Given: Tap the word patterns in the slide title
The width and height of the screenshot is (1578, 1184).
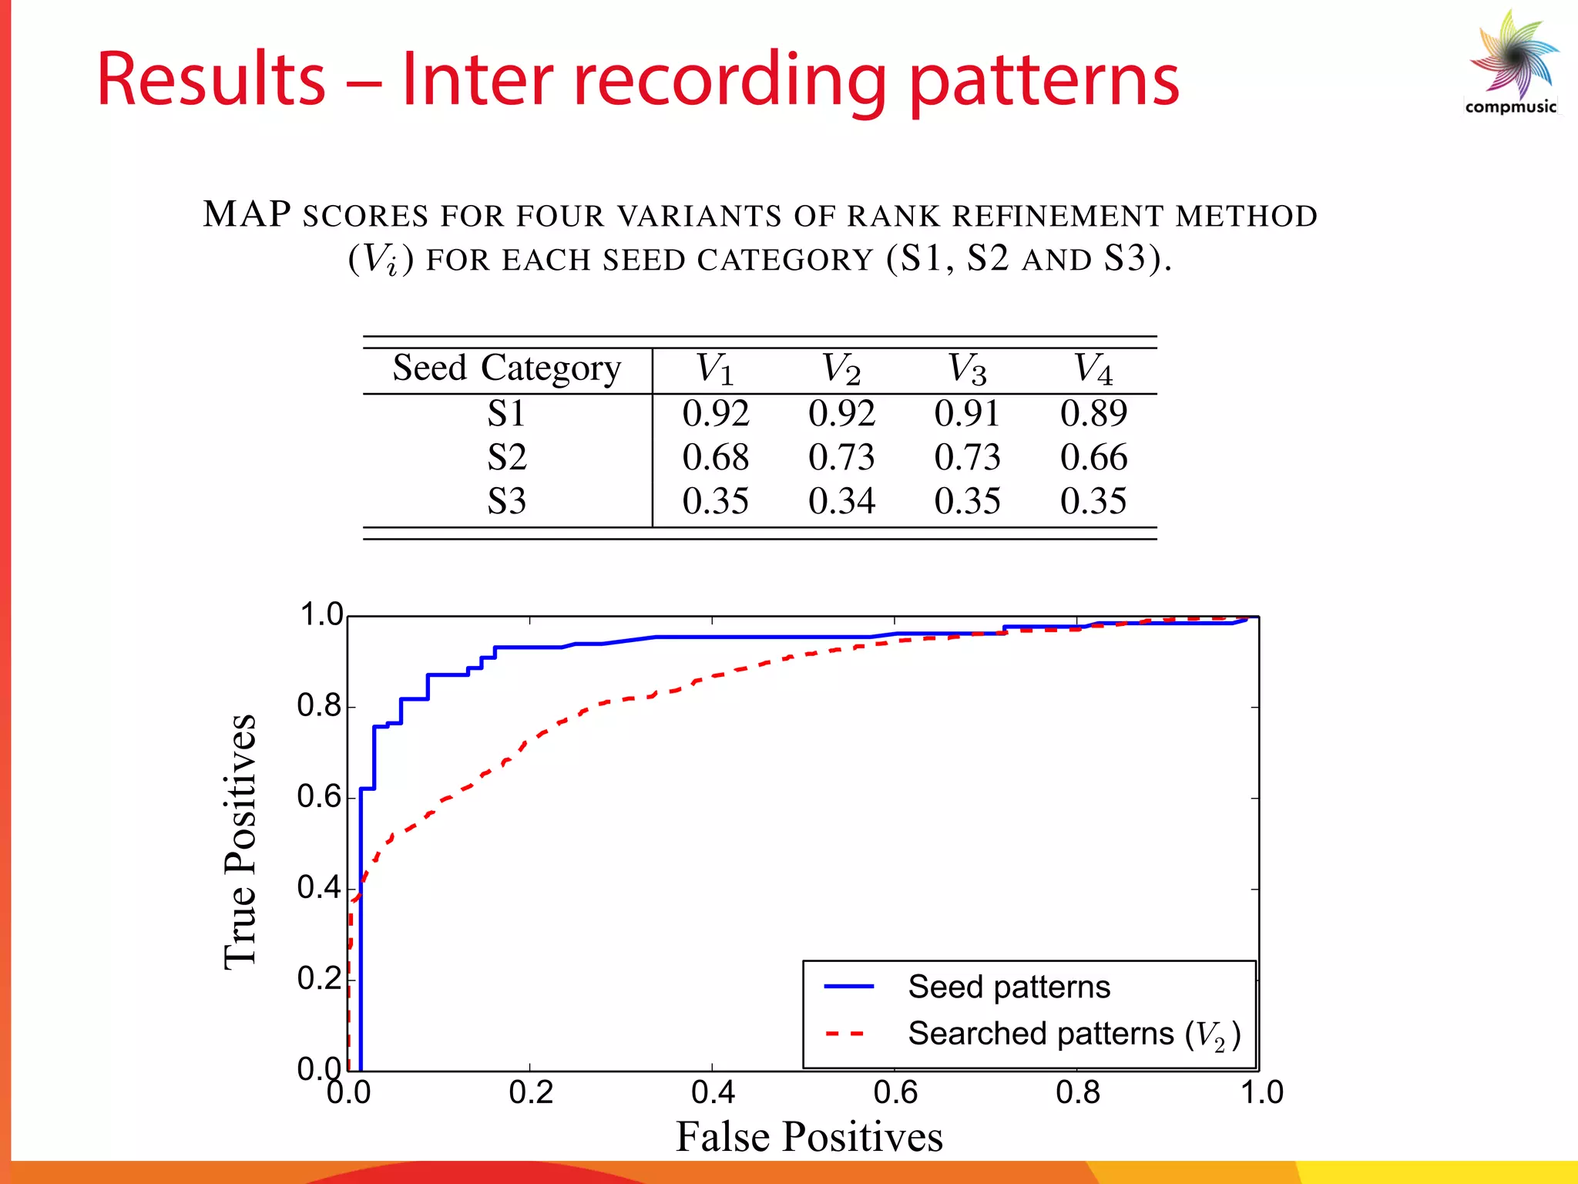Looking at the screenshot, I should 1044,81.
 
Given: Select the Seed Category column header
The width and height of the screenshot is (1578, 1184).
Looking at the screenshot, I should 506,368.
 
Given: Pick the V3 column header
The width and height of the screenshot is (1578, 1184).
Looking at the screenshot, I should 967,369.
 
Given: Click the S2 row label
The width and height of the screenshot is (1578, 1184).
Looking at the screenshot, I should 506,458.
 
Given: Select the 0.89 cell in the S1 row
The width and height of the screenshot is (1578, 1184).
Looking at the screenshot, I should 1093,414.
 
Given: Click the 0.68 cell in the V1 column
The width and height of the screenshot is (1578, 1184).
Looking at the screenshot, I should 715,458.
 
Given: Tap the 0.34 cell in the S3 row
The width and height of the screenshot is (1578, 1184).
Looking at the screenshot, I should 841,502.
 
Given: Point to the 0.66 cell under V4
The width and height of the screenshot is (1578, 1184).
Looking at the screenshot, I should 1093,458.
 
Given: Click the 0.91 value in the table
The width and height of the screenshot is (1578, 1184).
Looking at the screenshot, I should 967,414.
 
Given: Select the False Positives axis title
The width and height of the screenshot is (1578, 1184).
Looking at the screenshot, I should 809,1137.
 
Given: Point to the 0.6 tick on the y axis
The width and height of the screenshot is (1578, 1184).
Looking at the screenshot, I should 320,797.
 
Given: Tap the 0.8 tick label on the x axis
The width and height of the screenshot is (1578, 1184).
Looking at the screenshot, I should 1077,1093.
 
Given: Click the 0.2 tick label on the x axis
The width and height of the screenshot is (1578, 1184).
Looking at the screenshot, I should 531,1093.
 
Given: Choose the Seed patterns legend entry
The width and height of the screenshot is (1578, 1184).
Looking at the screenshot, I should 1009,987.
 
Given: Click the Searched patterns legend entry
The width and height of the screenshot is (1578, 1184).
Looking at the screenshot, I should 1073,1034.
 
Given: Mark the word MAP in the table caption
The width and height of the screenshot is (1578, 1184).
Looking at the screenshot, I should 247,215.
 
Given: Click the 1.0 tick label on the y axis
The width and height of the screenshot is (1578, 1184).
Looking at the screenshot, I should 321,615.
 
